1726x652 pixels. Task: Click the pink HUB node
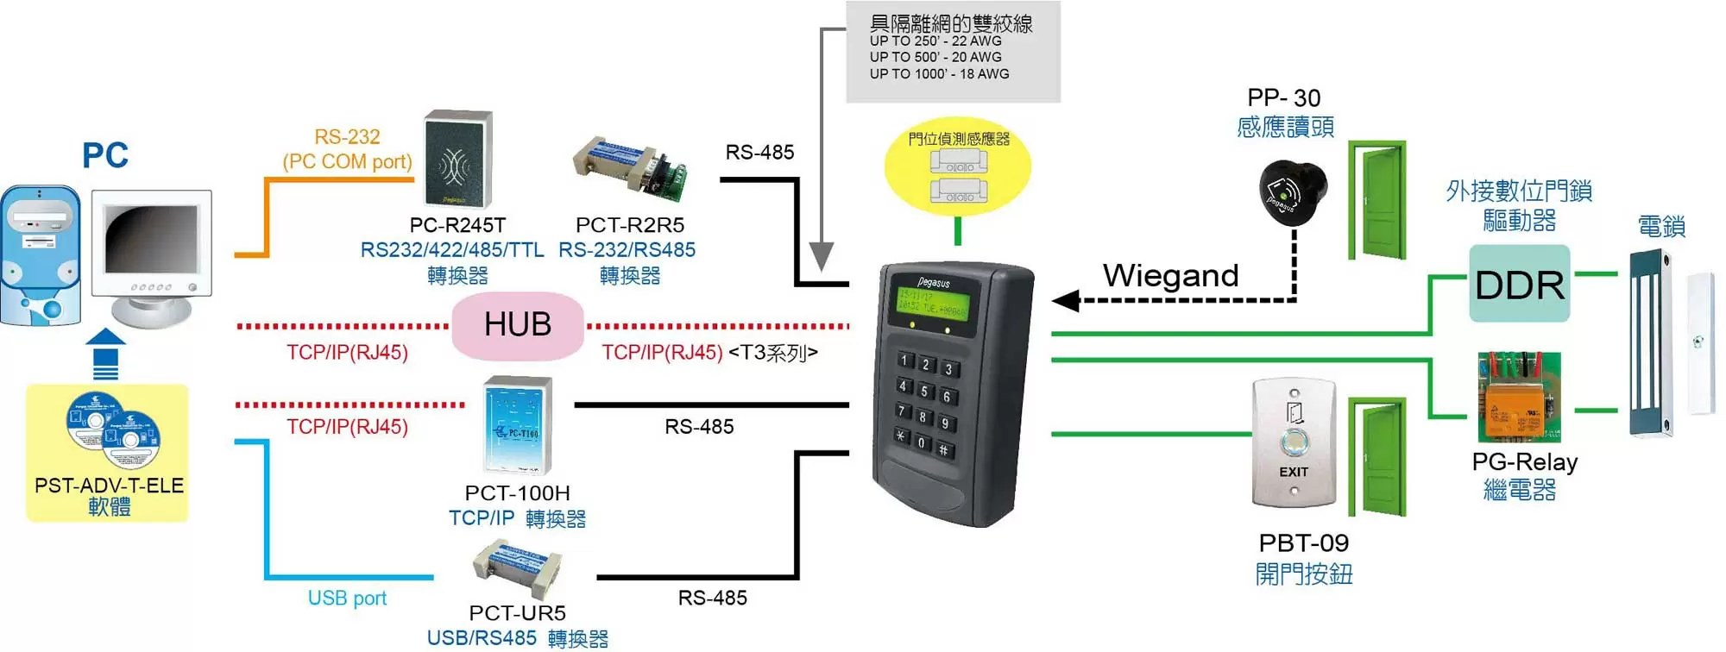(x=517, y=325)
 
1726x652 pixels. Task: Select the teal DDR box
(x=1519, y=284)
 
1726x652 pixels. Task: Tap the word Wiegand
(x=1170, y=276)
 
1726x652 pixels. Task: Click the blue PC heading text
(x=105, y=156)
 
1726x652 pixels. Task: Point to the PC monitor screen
(x=151, y=241)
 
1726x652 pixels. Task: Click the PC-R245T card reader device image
(x=458, y=160)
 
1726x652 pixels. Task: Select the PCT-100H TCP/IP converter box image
(x=517, y=425)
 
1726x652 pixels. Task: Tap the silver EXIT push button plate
(x=1293, y=443)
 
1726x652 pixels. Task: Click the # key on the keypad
(x=944, y=449)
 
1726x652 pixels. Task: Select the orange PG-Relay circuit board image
(x=1519, y=397)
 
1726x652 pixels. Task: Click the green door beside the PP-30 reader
(x=1378, y=200)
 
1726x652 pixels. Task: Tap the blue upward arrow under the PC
(x=105, y=353)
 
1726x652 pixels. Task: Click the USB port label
(x=347, y=598)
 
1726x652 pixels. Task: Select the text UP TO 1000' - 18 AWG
(x=939, y=74)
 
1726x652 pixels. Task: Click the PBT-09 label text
(x=1303, y=543)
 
